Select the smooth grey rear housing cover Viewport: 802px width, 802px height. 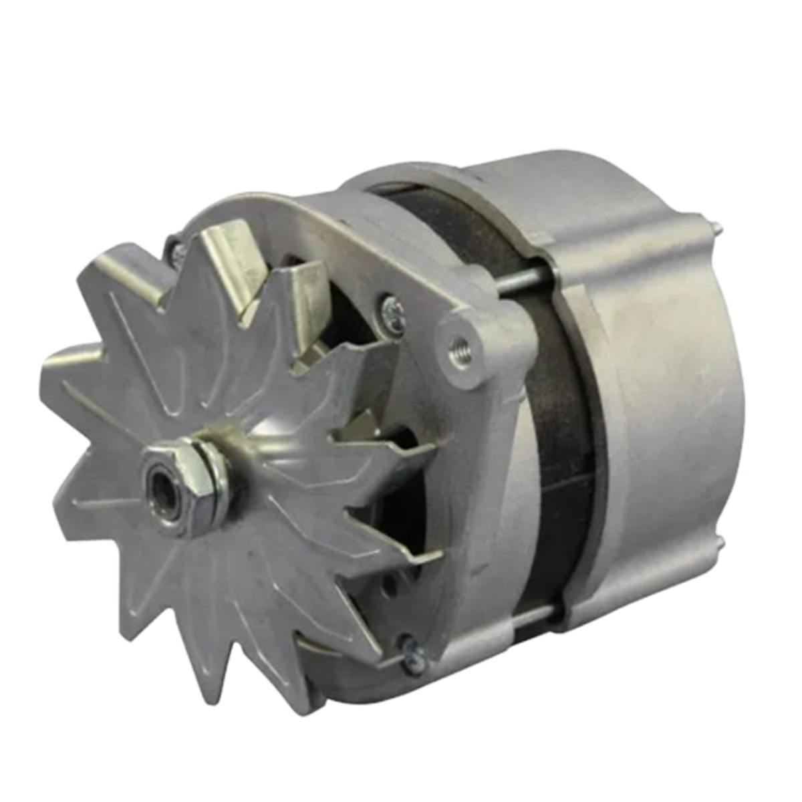tap(655, 374)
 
